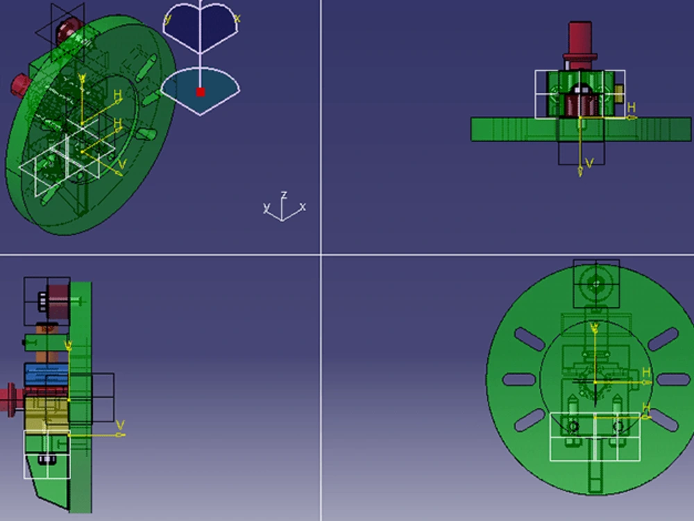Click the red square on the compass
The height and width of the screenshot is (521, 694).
click(x=201, y=92)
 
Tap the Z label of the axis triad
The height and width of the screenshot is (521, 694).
click(x=284, y=195)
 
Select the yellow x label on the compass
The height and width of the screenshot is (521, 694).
click(x=237, y=19)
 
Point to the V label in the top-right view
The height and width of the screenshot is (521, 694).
click(x=589, y=163)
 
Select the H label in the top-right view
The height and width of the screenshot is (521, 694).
click(x=631, y=107)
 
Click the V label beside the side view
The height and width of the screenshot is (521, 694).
click(x=119, y=424)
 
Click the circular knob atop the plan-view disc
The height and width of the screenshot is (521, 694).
click(x=595, y=283)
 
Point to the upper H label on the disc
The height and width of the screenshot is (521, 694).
click(x=646, y=373)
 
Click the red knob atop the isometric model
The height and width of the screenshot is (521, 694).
click(x=68, y=28)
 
